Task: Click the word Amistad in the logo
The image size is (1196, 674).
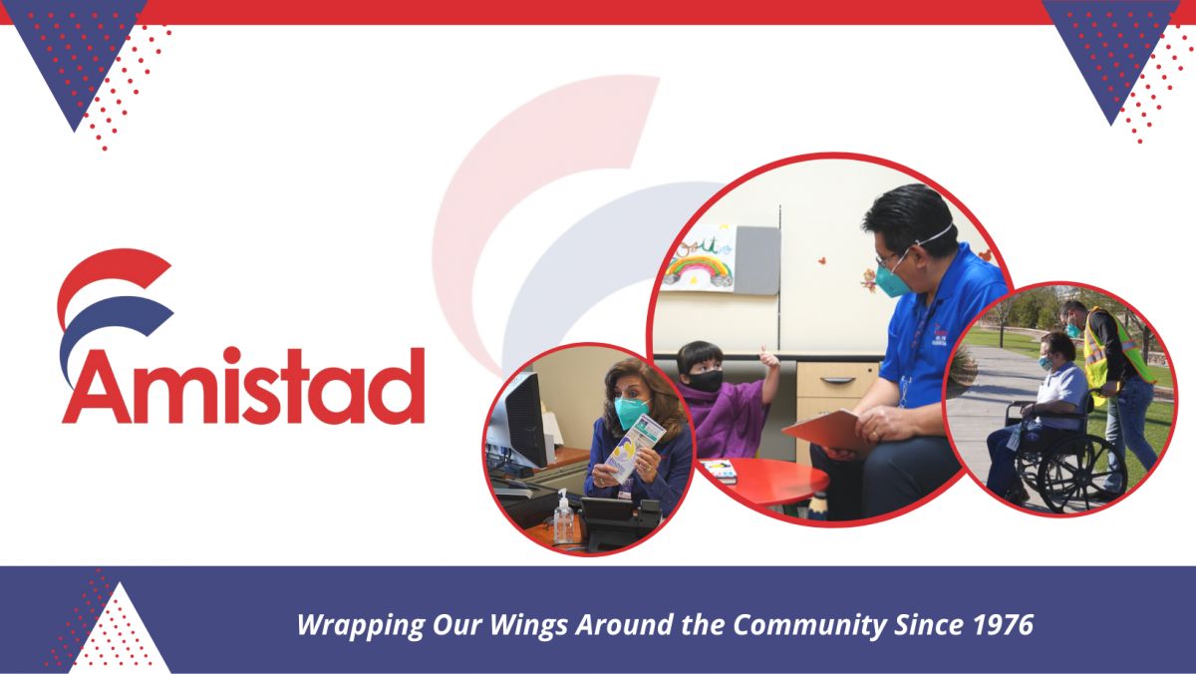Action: pos(243,386)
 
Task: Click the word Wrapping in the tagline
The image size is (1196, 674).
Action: pos(361,626)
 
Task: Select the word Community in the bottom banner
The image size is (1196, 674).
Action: pos(809,626)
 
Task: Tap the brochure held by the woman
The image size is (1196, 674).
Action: pos(635,448)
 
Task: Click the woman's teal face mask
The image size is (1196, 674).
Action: pos(631,412)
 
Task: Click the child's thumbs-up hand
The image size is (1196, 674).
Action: pos(769,358)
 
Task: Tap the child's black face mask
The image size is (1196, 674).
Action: pos(706,381)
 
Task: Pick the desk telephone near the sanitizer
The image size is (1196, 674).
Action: pos(618,519)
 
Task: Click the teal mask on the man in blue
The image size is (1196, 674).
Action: pos(893,281)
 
